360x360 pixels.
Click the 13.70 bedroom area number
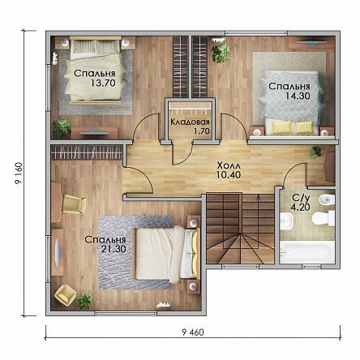click(x=103, y=83)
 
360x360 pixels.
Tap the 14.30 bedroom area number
click(x=298, y=96)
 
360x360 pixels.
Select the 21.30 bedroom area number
click(x=114, y=249)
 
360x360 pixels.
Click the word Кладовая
click(x=190, y=122)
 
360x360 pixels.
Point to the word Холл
click(x=229, y=165)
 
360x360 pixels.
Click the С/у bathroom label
click(x=301, y=198)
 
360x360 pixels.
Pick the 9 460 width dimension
click(x=193, y=332)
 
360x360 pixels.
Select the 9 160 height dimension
click(x=19, y=174)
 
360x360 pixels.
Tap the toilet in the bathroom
click(x=324, y=218)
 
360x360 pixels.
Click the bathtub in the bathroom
click(x=307, y=252)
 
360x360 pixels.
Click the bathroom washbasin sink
click(x=286, y=221)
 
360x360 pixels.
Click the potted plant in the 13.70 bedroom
click(x=62, y=127)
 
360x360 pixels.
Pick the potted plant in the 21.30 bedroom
click(x=84, y=301)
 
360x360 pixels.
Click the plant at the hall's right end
click(x=315, y=152)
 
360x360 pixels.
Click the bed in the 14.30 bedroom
click(x=291, y=103)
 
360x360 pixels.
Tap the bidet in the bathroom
click(x=327, y=200)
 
